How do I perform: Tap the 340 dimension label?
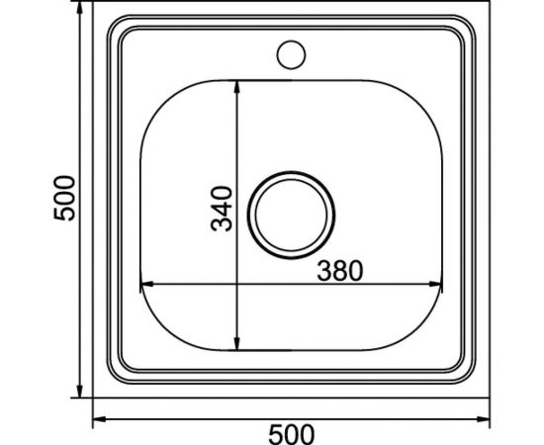(x=224, y=209)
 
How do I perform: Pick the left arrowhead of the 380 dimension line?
(x=144, y=287)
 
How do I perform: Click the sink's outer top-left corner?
(x=96, y=11)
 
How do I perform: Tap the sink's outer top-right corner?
(x=488, y=11)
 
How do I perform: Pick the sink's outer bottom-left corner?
(x=96, y=398)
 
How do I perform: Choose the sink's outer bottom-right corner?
(x=488, y=398)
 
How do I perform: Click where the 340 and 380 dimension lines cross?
(x=238, y=287)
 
